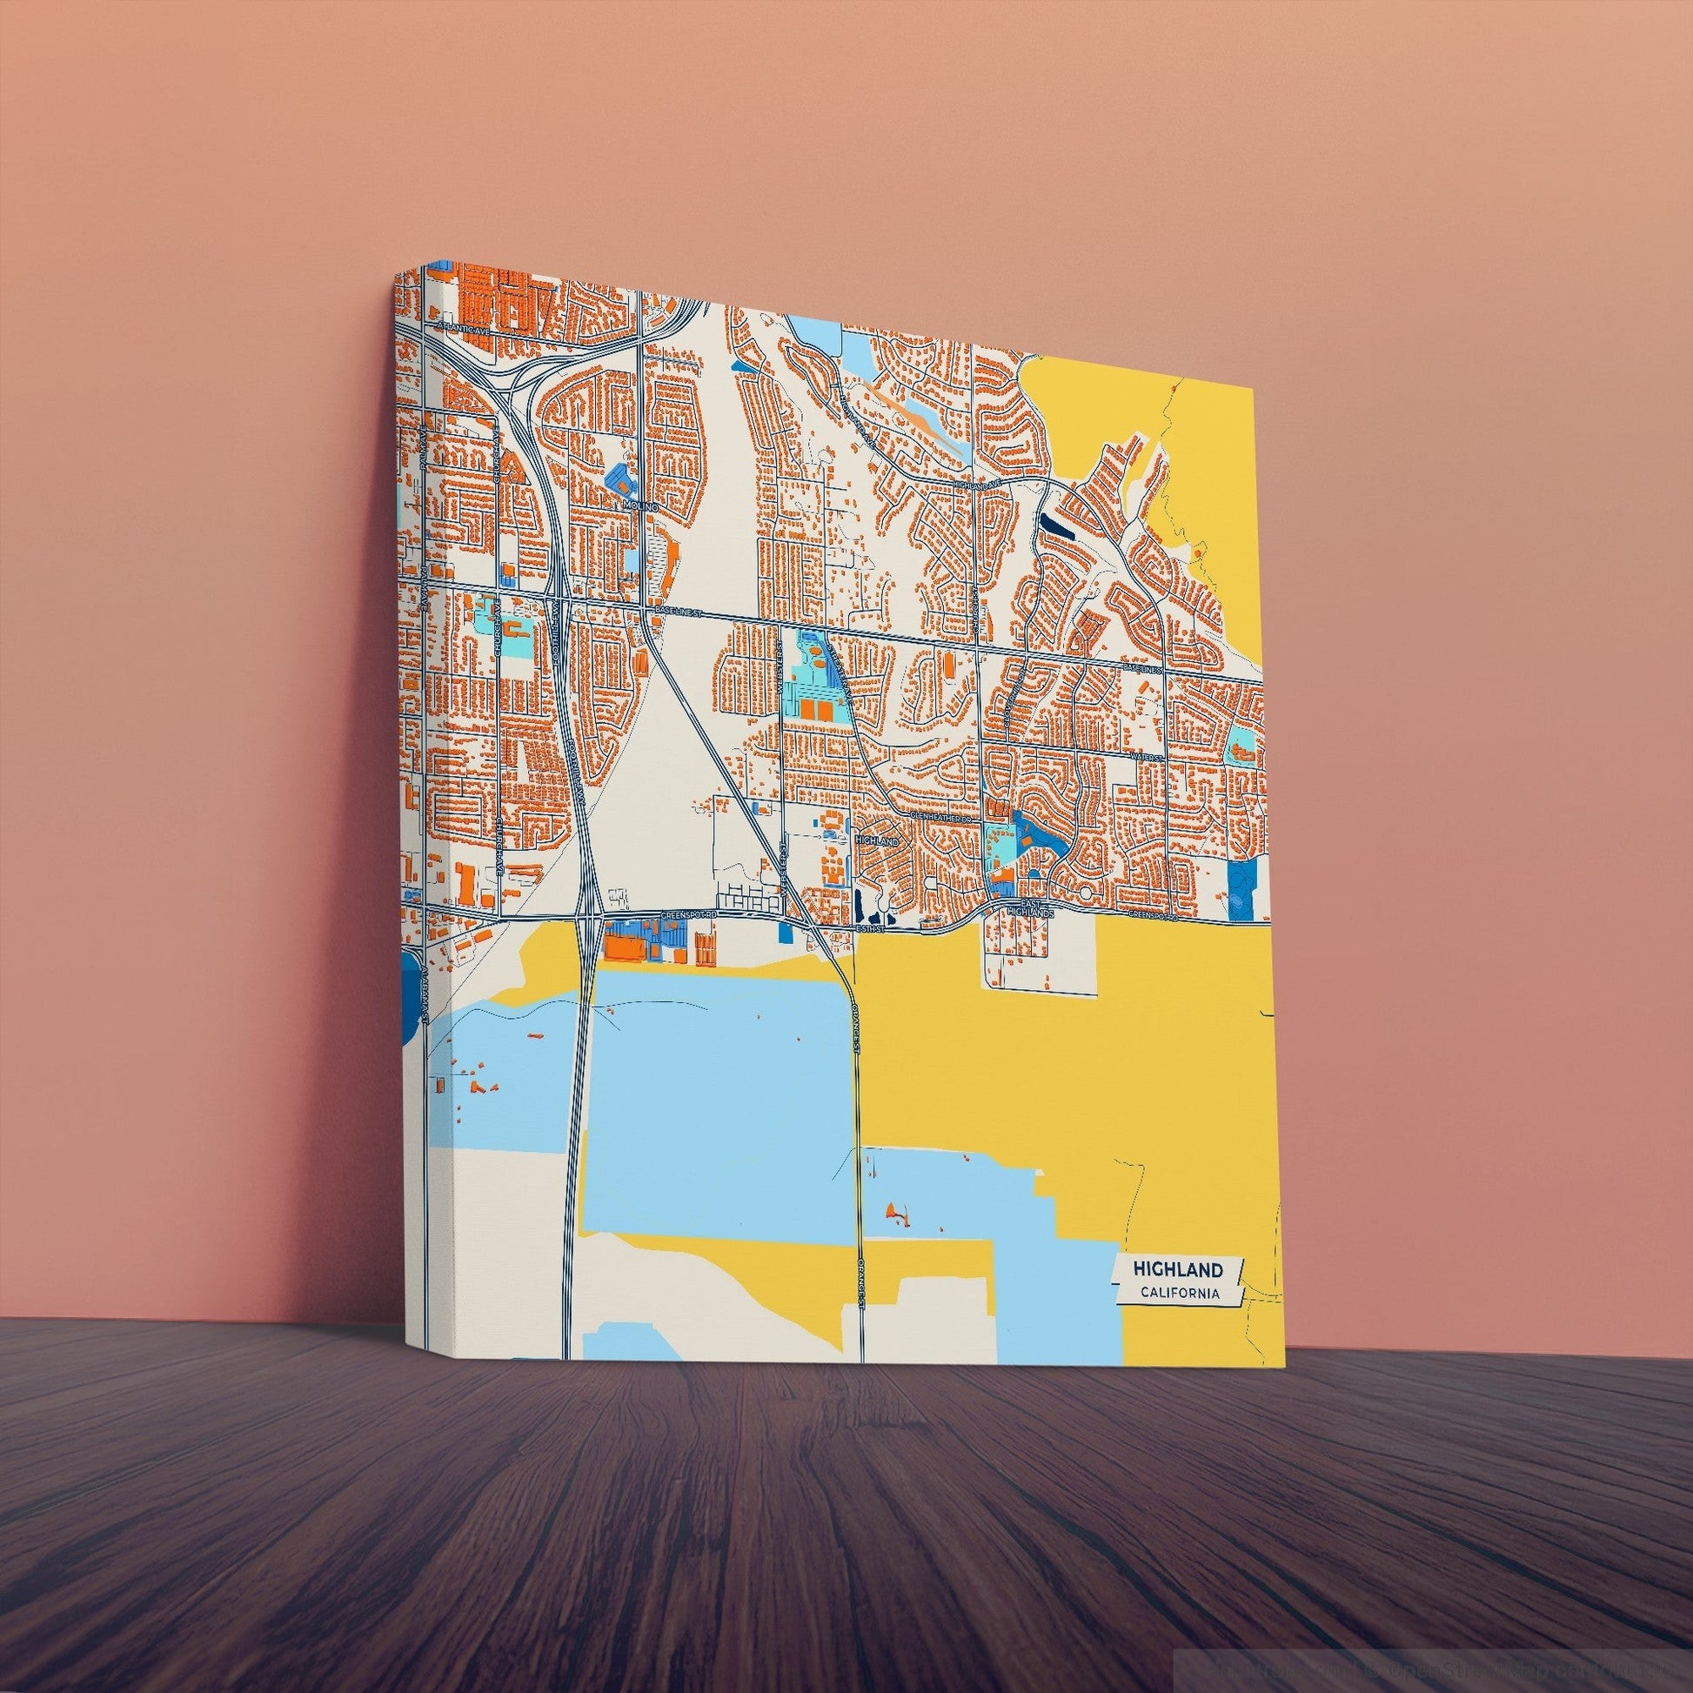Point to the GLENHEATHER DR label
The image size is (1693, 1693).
(942, 817)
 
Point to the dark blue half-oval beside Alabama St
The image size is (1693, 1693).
(407, 999)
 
